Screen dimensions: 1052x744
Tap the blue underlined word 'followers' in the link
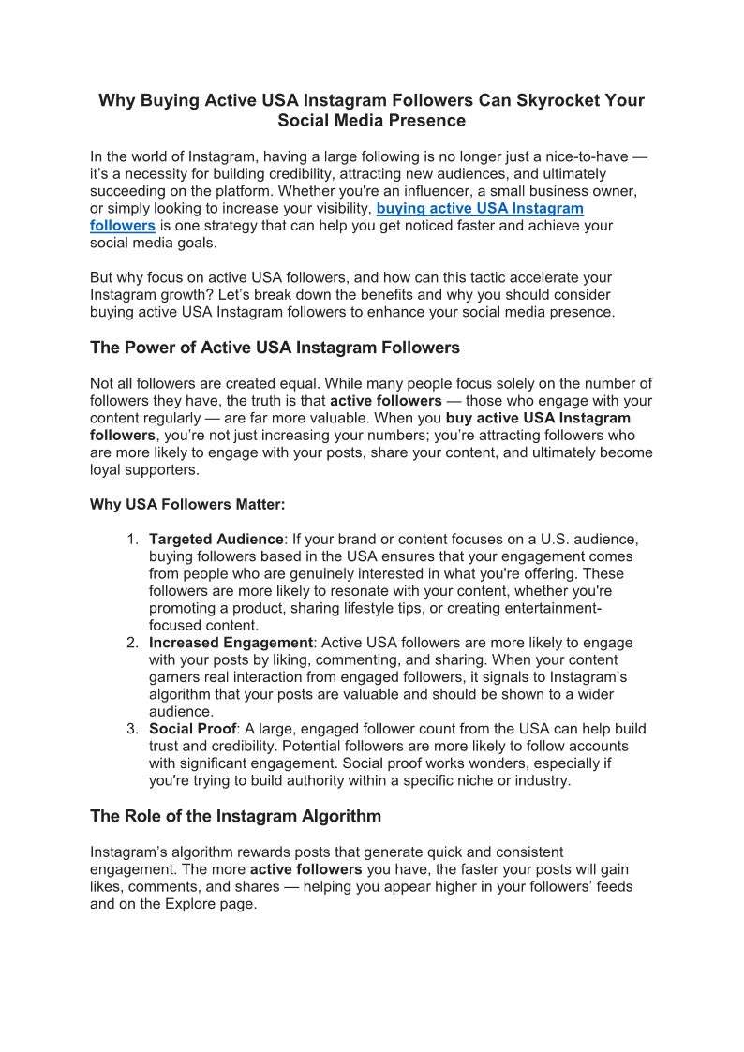[123, 226]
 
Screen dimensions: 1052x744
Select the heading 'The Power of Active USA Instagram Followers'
[275, 348]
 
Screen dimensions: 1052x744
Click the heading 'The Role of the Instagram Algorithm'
[235, 816]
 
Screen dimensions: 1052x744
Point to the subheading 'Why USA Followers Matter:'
[187, 504]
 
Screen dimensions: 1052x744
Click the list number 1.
[132, 540]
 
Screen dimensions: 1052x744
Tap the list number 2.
[132, 643]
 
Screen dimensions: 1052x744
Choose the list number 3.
[132, 729]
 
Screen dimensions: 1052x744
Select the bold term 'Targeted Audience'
[216, 540]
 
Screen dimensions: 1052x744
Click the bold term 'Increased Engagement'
[231, 643]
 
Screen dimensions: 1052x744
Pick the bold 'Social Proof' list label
[193, 729]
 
